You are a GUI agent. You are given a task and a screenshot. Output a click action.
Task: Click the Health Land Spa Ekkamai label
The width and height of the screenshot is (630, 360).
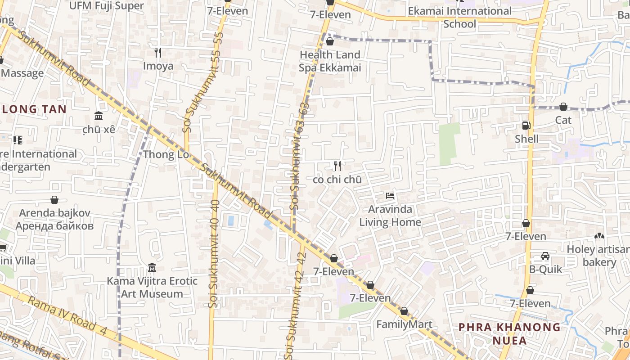[330, 61]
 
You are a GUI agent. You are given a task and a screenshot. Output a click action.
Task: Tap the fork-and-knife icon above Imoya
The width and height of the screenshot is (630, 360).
[158, 53]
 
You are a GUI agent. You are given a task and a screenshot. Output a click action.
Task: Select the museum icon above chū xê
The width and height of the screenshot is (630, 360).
[99, 116]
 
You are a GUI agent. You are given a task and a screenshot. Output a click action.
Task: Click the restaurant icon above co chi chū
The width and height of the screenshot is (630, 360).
[337, 166]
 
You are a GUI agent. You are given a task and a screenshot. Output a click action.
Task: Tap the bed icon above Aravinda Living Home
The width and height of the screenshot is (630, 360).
[391, 196]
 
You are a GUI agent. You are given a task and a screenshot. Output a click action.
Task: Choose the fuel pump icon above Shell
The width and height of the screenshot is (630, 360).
[526, 126]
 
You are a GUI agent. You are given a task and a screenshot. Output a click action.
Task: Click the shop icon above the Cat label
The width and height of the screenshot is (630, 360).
[563, 107]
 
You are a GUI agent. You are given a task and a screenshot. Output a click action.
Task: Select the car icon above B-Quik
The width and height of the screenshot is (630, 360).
[545, 256]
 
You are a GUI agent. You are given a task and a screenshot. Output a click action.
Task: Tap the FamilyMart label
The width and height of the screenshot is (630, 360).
[404, 324]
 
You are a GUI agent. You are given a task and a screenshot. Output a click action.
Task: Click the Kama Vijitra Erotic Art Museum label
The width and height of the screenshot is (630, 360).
[152, 288]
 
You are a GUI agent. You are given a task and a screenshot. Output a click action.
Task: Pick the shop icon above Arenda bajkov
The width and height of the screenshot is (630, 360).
[54, 199]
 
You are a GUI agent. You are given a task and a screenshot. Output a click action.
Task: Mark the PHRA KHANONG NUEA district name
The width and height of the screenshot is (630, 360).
[509, 333]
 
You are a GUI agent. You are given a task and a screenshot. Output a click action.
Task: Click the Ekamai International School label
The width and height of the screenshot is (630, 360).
[460, 17]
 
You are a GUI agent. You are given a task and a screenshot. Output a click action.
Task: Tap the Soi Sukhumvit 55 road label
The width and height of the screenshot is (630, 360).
[189, 90]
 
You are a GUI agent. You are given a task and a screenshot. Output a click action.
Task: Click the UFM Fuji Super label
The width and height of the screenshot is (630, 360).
[107, 6]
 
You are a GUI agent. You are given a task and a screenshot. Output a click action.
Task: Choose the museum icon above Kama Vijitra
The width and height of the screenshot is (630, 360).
[152, 268]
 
